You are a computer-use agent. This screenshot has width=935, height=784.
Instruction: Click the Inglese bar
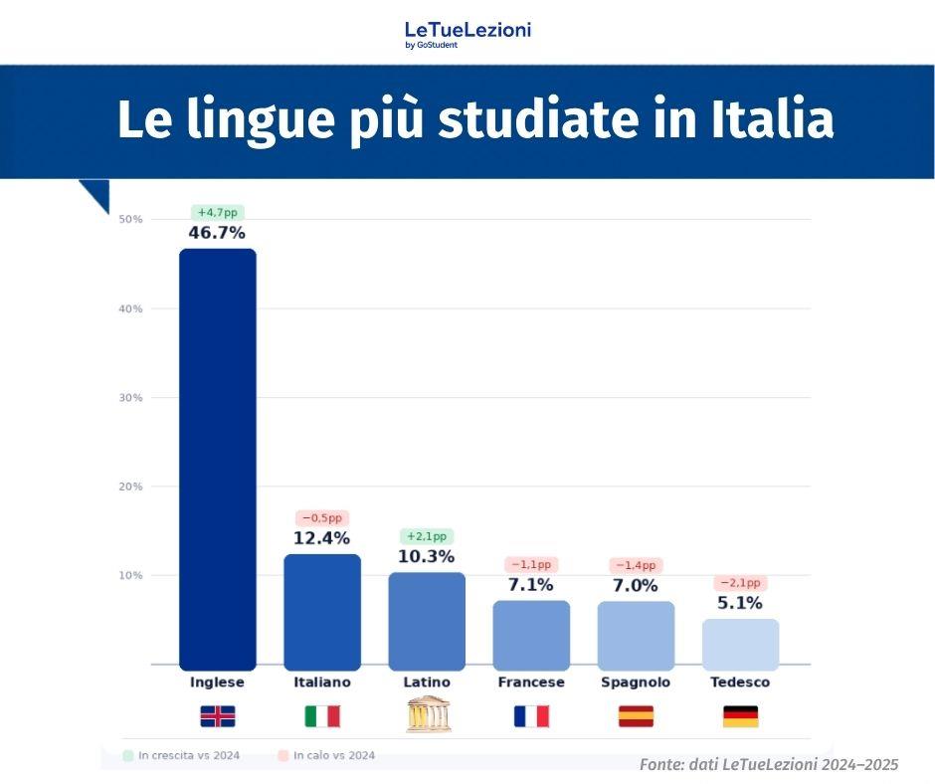pyautogui.click(x=217, y=458)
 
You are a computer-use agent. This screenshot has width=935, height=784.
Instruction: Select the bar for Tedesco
pyautogui.click(x=740, y=644)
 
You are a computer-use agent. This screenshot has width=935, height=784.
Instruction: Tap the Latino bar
pyautogui.click(x=427, y=620)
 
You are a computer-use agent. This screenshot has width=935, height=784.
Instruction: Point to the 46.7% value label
pyautogui.click(x=217, y=233)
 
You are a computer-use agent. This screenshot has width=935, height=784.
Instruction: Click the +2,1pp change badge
pyautogui.click(x=427, y=536)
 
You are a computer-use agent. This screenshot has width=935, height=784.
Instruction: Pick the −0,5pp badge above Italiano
pyautogui.click(x=321, y=518)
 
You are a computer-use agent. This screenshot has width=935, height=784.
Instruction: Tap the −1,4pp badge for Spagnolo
pyautogui.click(x=636, y=565)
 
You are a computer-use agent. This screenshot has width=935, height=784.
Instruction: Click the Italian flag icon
pyautogui.click(x=321, y=716)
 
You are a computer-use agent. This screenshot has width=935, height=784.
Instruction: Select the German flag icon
pyautogui.click(x=740, y=716)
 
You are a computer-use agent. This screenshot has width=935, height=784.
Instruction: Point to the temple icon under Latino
pyautogui.click(x=427, y=715)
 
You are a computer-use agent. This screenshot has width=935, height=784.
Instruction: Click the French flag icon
pyautogui.click(x=531, y=716)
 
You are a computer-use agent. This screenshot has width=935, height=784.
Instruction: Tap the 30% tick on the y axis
pyautogui.click(x=131, y=398)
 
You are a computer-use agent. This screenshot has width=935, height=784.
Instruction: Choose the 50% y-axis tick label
pyautogui.click(x=131, y=219)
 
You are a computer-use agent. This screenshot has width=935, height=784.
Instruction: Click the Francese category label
pyautogui.click(x=531, y=683)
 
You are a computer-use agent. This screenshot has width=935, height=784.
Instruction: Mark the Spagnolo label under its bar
pyautogui.click(x=636, y=683)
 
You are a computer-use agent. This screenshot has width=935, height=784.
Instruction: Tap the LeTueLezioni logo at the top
pyautogui.click(x=467, y=33)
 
